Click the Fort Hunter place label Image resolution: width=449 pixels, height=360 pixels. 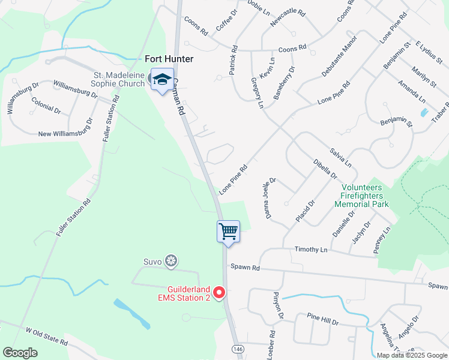click(x=169, y=59)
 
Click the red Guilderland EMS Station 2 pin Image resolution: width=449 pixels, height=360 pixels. click(x=219, y=292)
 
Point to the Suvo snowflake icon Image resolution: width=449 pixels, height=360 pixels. click(x=172, y=260)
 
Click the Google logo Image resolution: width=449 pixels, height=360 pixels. click(x=20, y=353)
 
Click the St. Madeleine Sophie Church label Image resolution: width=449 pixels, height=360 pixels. click(x=119, y=79)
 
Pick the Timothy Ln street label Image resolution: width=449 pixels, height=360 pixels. click(x=312, y=249)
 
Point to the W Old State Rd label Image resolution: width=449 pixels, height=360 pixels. click(x=46, y=336)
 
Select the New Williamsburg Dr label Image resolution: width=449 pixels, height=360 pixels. click(x=65, y=127)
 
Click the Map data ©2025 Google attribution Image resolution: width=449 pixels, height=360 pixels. click(x=412, y=355)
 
